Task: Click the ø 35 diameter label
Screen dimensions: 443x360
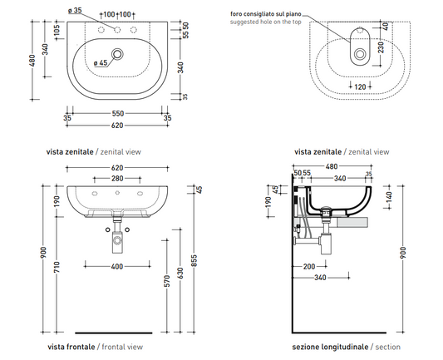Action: pos(75,11)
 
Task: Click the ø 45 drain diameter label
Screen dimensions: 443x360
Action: pos(101,62)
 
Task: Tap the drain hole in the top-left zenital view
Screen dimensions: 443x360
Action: pos(117,53)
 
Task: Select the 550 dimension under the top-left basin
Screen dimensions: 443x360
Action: pos(117,113)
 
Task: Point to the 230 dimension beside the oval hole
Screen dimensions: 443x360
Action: pos(381,47)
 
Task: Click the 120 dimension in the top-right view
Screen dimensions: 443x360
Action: pos(360,86)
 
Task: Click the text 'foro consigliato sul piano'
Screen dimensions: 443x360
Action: pos(266,14)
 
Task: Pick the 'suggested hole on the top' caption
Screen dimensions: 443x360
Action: pos(266,22)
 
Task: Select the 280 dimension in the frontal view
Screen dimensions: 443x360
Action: pos(117,178)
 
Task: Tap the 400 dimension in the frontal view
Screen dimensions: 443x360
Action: pos(117,267)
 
